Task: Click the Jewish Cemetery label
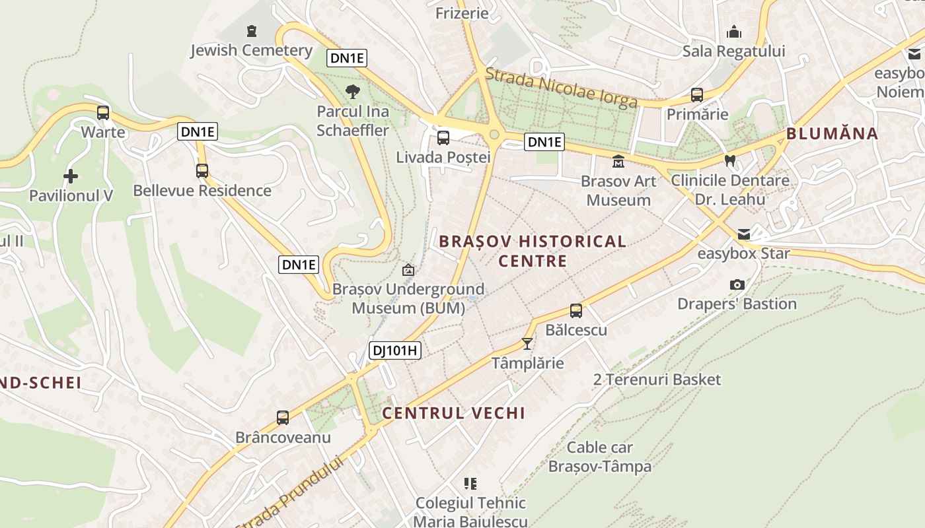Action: click(251, 50)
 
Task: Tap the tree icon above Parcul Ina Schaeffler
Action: click(353, 91)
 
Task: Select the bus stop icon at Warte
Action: click(103, 112)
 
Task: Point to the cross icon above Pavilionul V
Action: click(71, 176)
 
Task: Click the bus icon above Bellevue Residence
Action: click(202, 171)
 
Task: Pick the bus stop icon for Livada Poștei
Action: click(443, 138)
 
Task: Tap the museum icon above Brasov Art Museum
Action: click(618, 161)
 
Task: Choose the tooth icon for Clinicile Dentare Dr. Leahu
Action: click(730, 160)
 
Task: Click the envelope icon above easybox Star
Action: click(744, 234)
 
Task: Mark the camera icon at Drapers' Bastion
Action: click(737, 284)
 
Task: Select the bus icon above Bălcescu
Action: click(576, 310)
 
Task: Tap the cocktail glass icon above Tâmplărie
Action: click(527, 343)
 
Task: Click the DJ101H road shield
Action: click(394, 350)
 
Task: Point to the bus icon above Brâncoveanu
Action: click(283, 417)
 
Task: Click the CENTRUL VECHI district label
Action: click(454, 413)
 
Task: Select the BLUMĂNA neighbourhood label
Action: click(832, 133)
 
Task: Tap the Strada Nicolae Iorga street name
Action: click(562, 88)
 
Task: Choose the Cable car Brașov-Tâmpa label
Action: click(600, 457)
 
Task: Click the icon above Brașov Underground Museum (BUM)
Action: click(408, 270)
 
